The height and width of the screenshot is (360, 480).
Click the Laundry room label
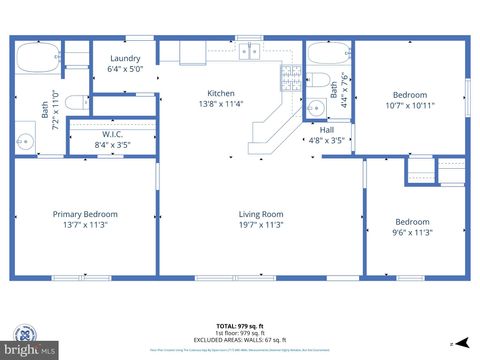click(x=125, y=58)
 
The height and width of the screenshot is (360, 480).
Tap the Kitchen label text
click(x=221, y=93)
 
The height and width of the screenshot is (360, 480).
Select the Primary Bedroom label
click(x=85, y=214)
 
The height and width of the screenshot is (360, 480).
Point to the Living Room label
click(x=261, y=214)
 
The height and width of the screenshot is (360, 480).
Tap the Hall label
click(x=327, y=129)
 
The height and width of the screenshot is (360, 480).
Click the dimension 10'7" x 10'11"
click(x=411, y=105)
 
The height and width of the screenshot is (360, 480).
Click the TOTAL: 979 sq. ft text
click(x=240, y=325)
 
